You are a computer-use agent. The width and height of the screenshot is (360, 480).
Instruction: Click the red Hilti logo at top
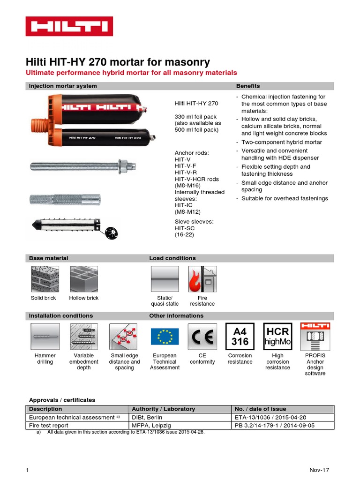click(69, 27)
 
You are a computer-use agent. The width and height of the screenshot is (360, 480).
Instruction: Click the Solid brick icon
click(44, 279)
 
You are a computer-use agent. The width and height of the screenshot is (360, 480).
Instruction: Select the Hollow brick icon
click(84, 279)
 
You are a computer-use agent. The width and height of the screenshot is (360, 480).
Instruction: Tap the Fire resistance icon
click(202, 279)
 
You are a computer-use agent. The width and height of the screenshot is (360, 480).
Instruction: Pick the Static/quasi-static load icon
click(165, 279)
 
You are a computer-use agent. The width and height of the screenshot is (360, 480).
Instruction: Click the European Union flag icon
click(165, 337)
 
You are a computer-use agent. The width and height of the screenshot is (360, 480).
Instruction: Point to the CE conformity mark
click(202, 337)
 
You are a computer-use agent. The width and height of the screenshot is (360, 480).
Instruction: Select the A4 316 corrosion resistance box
click(240, 337)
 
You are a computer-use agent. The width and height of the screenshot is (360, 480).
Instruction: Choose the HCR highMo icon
click(277, 337)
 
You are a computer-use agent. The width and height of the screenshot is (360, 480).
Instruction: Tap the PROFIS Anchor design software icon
click(315, 337)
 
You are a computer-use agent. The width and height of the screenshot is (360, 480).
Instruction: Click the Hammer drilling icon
click(45, 337)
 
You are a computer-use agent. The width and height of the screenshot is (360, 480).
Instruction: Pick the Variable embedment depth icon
click(84, 337)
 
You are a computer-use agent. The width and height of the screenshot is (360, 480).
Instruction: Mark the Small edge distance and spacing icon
click(124, 337)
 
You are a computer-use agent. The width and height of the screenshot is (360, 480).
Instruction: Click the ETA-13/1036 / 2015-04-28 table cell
click(283, 417)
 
